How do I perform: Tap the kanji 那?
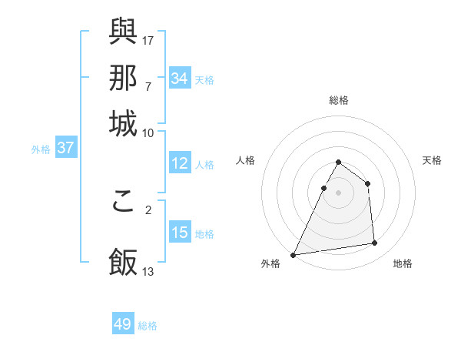tap(124, 78)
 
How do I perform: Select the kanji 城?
tap(124, 123)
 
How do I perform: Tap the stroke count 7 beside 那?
tap(148, 85)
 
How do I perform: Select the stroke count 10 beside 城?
tap(148, 132)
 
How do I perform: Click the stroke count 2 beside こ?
tap(148, 209)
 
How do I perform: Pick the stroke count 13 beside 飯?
tap(148, 271)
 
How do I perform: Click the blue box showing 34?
tap(180, 79)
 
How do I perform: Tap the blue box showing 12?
tap(180, 163)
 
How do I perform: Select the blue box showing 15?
tap(180, 233)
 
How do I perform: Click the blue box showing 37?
tap(65, 148)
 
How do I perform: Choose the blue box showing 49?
tap(123, 324)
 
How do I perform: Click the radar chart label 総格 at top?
tap(338, 100)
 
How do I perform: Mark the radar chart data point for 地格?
tap(375, 243)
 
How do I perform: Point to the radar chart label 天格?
tap(432, 160)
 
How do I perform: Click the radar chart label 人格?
tap(246, 160)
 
